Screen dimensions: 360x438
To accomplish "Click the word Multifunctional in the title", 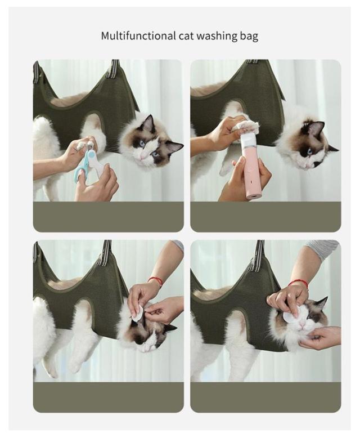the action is (138, 36).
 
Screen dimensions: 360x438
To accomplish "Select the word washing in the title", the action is (217, 37).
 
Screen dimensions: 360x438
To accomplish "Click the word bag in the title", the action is (249, 37).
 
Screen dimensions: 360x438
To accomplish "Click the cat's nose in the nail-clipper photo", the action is (142, 159).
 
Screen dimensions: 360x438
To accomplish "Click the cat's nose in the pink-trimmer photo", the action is (306, 166).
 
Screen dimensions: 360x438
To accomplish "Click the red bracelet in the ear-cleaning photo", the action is (156, 281).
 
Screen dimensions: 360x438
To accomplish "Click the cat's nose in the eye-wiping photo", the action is (301, 327).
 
